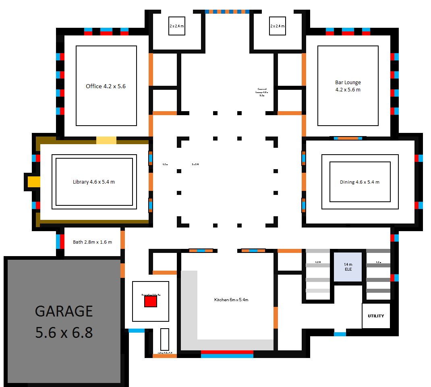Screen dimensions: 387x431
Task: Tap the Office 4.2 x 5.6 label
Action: pos(106,86)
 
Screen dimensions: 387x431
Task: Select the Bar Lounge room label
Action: pos(348,86)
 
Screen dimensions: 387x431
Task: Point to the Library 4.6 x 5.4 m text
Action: pos(94,182)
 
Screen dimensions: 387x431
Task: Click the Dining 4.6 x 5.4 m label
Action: pos(360,182)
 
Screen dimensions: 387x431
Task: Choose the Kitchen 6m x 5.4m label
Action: pos(231,300)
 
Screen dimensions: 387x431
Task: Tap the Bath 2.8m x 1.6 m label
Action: pos(92,242)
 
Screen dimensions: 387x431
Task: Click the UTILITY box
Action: pos(376,316)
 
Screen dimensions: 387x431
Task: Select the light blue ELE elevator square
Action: pos(348,267)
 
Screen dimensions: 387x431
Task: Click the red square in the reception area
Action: pos(150,302)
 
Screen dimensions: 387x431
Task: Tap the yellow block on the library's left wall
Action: pos(34,182)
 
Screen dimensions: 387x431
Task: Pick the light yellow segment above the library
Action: pos(106,140)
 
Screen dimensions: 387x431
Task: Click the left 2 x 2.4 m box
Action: pos(176,26)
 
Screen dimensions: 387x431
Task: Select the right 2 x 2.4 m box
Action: pos(277,26)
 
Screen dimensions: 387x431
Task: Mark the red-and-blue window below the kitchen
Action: pos(227,354)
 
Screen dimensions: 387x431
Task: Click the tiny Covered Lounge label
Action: pos(262,92)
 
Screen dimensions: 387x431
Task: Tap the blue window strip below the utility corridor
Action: pos(340,334)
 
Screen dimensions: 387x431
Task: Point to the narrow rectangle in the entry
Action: pos(164,339)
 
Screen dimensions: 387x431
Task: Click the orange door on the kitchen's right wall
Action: pos(276,317)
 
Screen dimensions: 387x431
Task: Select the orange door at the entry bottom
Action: pos(165,356)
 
